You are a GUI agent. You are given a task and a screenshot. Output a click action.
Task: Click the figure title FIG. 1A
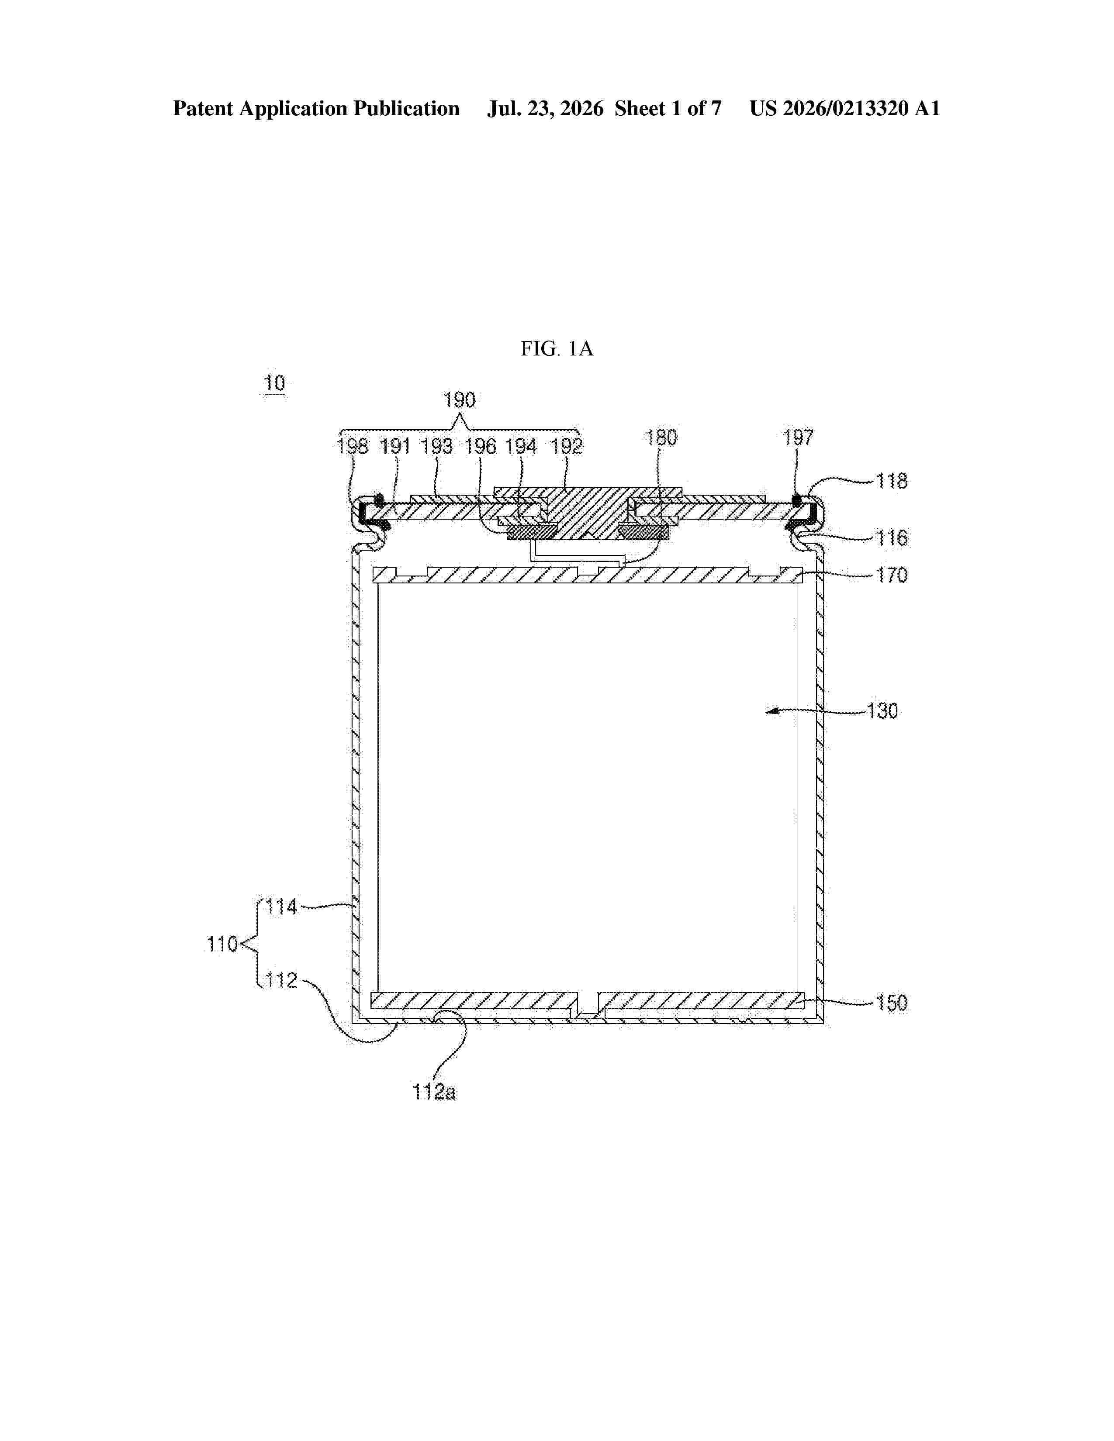pos(556,348)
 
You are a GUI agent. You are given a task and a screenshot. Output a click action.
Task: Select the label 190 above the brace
pos(459,400)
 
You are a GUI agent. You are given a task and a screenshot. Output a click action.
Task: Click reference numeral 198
pos(353,447)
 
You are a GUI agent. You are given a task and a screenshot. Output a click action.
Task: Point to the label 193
pos(437,447)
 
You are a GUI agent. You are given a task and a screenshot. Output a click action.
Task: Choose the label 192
pos(567,447)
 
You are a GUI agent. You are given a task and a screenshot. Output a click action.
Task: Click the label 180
pos(661,438)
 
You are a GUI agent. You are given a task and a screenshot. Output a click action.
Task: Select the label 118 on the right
pos(892,481)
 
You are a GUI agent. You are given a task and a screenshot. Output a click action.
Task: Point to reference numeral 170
pos(892,576)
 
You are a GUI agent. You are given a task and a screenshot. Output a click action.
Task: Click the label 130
pos(882,711)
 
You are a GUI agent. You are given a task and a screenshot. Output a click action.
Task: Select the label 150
pos(892,1003)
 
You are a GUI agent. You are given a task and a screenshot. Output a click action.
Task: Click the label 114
pos(283,907)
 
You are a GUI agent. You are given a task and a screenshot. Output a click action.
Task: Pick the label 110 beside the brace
pos(222,945)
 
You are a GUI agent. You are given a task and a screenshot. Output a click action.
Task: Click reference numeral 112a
pos(434,1093)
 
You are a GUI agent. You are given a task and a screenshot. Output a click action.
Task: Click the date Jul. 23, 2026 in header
pos(545,109)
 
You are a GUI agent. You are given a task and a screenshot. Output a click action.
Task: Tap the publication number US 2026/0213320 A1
pos(845,109)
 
